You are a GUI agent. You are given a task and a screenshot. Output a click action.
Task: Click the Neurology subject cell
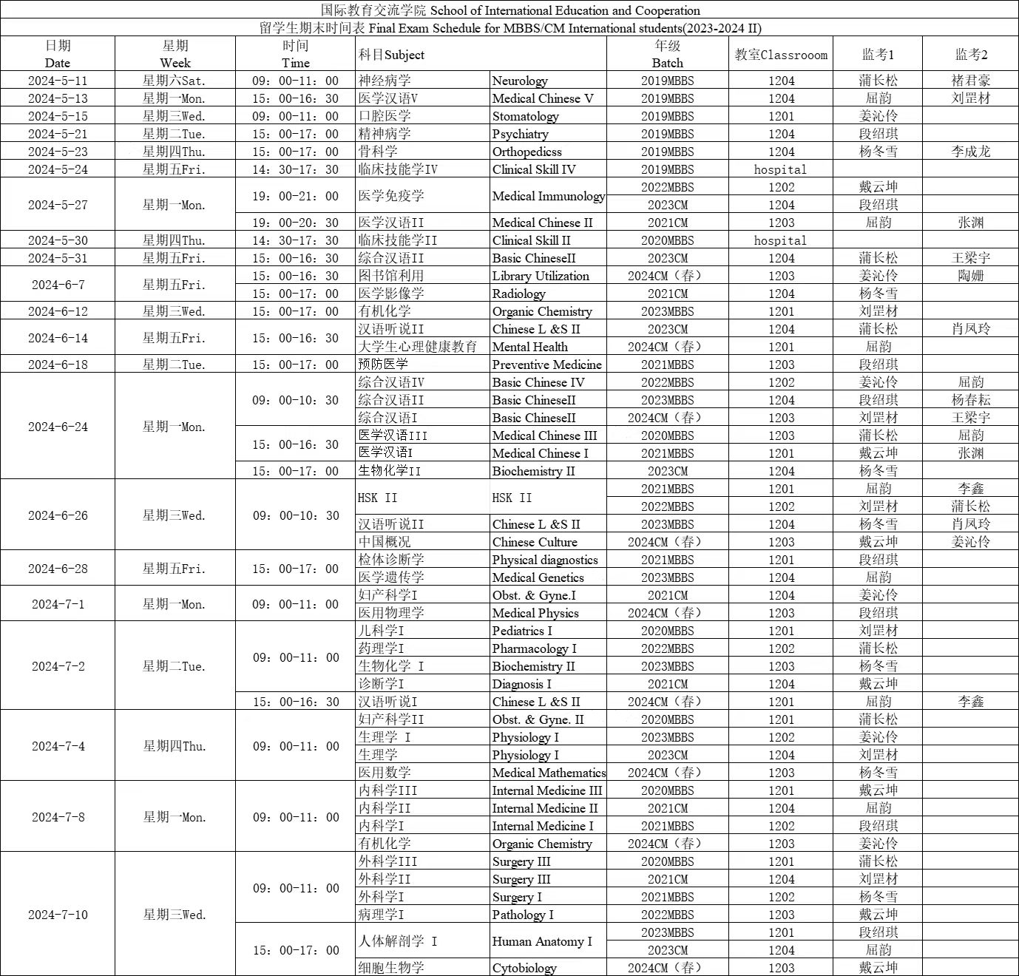pos(520,81)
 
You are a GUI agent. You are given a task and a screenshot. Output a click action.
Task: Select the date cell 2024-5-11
pos(58,81)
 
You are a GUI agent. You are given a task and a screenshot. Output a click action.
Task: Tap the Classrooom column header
pos(781,55)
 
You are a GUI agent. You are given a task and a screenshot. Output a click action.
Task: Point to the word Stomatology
pos(526,116)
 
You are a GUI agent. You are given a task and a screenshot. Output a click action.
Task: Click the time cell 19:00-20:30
pos(295,223)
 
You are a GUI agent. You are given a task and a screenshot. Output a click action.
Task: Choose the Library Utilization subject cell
pos(541,276)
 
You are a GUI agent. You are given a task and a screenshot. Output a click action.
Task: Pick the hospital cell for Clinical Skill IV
pos(780,169)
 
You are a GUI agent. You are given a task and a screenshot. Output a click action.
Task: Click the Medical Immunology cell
pos(548,196)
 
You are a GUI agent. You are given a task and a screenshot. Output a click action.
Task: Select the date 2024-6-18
pos(58,365)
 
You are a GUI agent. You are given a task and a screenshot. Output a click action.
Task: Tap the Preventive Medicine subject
pos(546,365)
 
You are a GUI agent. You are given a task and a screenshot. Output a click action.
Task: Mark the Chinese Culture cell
pos(535,542)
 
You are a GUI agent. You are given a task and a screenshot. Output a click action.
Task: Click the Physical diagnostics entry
pos(545,560)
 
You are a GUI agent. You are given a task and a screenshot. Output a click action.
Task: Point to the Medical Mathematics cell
pos(549,773)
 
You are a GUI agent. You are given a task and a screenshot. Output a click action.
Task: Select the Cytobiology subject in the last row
pos(524,968)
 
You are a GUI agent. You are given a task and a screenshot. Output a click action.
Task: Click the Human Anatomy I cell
pos(542,941)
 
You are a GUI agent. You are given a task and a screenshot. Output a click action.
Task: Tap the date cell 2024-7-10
pos(58,915)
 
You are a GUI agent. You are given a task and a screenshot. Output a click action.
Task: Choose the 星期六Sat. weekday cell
pos(175,81)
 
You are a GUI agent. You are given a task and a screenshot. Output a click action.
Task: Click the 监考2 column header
pos(971,55)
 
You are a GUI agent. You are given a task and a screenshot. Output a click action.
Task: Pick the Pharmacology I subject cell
pos(534,648)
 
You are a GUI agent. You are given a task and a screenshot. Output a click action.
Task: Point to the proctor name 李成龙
pos(971,152)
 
